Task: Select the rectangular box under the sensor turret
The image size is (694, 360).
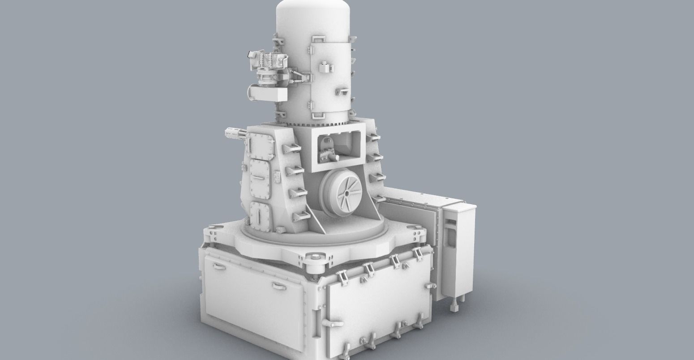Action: [x=268, y=94]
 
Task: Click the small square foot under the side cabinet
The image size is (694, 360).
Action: [x=454, y=308]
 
